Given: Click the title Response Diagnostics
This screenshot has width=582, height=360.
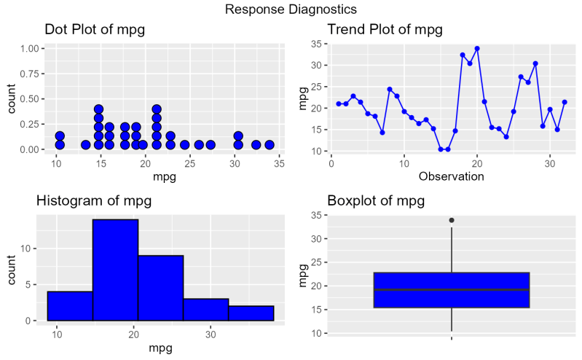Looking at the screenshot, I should point(291,9).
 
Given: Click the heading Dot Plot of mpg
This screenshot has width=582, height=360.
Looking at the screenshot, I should point(95,30).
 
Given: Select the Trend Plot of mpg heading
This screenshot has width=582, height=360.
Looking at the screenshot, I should point(385,30).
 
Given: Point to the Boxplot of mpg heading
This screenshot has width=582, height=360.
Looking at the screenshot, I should point(376,201).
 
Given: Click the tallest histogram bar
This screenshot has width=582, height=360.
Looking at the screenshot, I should point(115,270).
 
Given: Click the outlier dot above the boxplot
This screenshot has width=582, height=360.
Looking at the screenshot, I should point(452,220).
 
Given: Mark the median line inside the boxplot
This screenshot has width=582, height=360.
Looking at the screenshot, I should point(452,290).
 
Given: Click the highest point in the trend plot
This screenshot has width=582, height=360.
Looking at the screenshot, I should point(477,49).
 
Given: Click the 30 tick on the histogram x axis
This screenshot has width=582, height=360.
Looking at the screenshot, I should point(210,334).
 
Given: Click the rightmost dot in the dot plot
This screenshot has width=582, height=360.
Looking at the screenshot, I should point(269,145).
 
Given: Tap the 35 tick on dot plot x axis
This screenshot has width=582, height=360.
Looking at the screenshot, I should point(279,163).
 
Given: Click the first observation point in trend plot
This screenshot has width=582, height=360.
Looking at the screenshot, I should point(339,104).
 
